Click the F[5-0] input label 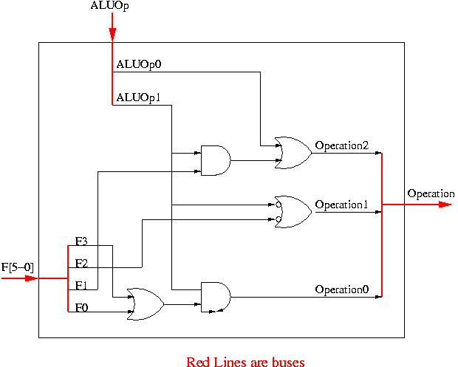pos(18,267)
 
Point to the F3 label pos(82,241)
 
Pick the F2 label pos(82,262)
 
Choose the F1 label pos(82,284)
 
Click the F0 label pos(82,306)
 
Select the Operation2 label pos(341,145)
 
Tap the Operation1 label pos(341,204)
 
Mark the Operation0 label pos(341,289)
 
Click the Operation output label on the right pos(431,193)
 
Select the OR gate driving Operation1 pos(293,211)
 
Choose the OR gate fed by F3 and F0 pos(146,303)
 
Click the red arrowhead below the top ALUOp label pos(112,35)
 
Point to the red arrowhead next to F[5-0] pos(30,278)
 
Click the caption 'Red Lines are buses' pos(245,361)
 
